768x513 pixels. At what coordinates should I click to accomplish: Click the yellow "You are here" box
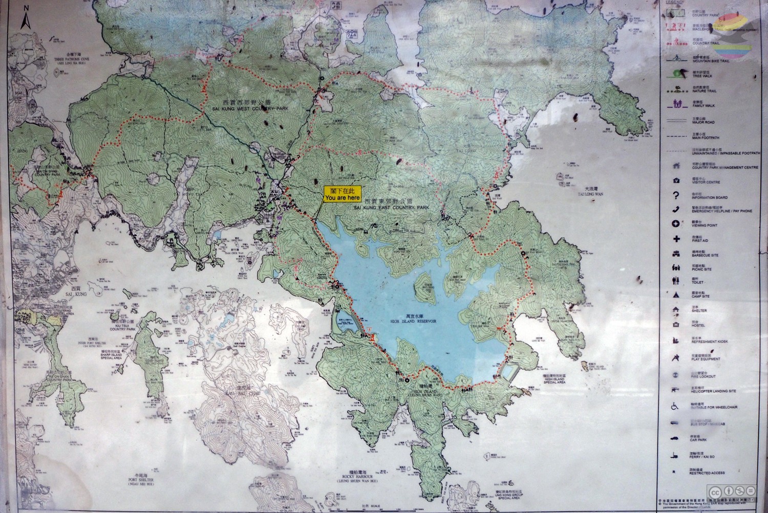[x=342, y=193]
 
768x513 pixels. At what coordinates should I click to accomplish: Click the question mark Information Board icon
[x=676, y=195]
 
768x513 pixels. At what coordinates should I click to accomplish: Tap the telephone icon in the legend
[x=676, y=209]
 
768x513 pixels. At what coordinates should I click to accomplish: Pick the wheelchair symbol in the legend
[x=676, y=407]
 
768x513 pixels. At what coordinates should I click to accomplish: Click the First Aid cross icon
[x=676, y=238]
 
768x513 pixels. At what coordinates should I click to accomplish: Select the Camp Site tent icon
[x=676, y=295]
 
